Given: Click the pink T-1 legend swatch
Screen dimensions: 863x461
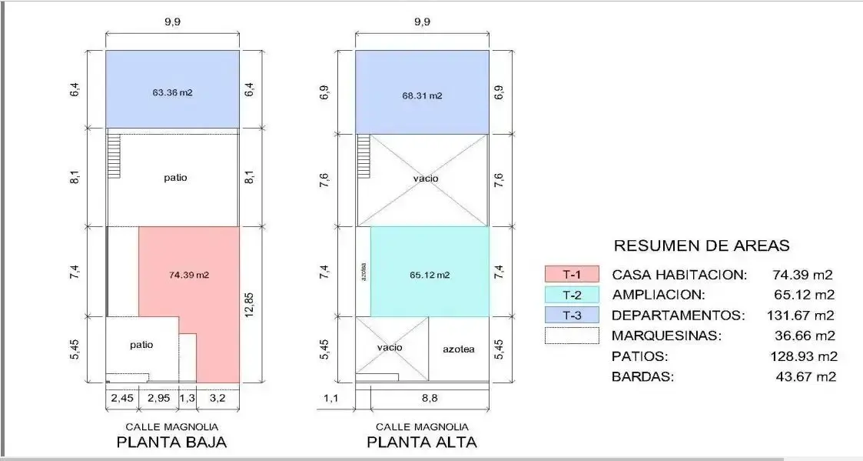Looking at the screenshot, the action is (572, 274).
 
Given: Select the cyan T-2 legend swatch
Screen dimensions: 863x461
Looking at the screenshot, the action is (572, 295).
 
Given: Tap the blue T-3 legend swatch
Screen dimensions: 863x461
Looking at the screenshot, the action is (572, 315).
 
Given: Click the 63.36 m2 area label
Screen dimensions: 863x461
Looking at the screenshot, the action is (172, 92).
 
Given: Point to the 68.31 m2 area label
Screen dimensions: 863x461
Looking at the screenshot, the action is (422, 95).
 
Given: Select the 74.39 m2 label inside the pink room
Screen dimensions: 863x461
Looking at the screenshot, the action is (189, 275).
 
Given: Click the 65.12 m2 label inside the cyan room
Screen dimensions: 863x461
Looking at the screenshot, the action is (430, 275).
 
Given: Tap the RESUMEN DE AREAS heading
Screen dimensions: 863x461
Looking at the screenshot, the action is (702, 246).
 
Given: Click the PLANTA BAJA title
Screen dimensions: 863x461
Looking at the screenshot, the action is (171, 443).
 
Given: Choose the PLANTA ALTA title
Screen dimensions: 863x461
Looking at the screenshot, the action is (422, 443).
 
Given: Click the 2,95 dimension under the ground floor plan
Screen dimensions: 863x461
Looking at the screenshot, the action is (158, 398).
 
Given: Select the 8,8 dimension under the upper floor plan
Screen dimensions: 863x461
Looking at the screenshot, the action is (430, 398).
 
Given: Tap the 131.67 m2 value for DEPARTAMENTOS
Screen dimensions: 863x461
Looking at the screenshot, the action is (800, 316).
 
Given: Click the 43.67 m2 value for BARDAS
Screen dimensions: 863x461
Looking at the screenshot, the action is (806, 376).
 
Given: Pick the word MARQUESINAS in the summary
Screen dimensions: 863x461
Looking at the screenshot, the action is (666, 336).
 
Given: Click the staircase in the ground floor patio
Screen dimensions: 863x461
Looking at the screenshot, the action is (114, 156).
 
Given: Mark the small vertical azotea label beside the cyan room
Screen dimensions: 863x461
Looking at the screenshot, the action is (363, 272).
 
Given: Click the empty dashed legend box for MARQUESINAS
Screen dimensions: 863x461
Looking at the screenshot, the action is (572, 336).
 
